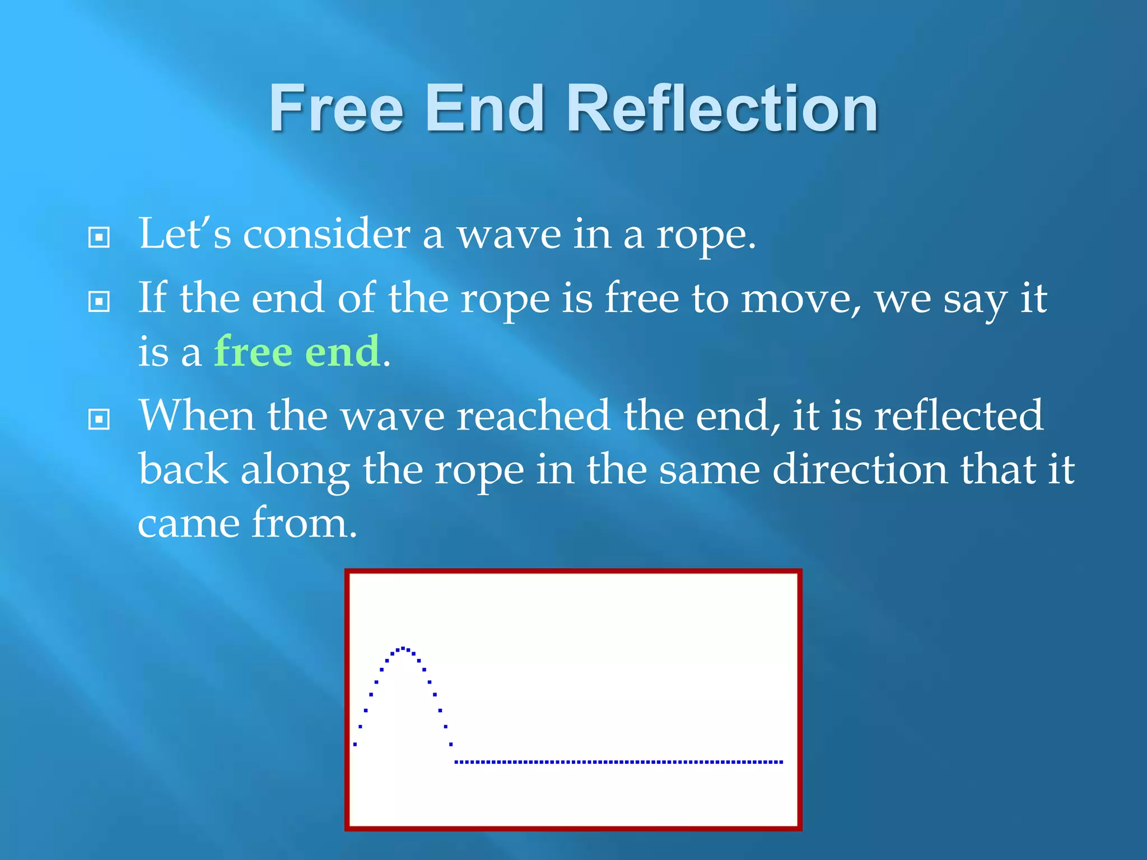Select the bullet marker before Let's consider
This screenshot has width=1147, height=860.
click(99, 237)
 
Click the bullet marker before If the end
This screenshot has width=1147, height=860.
click(99, 302)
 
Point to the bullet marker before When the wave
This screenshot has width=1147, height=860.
click(99, 419)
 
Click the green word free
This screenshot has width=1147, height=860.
click(253, 352)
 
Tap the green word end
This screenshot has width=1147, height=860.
click(342, 352)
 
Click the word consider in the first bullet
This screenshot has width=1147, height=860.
click(327, 234)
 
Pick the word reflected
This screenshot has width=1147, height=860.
click(958, 416)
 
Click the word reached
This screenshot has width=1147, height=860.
click(533, 416)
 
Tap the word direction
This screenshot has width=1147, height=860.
click(860, 469)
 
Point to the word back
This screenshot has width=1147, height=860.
click(183, 469)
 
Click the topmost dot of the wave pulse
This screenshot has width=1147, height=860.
click(403, 648)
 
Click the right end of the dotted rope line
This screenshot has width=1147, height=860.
click(781, 762)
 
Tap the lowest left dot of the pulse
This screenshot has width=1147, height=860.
click(355, 744)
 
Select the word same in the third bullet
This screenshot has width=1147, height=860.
click(709, 469)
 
